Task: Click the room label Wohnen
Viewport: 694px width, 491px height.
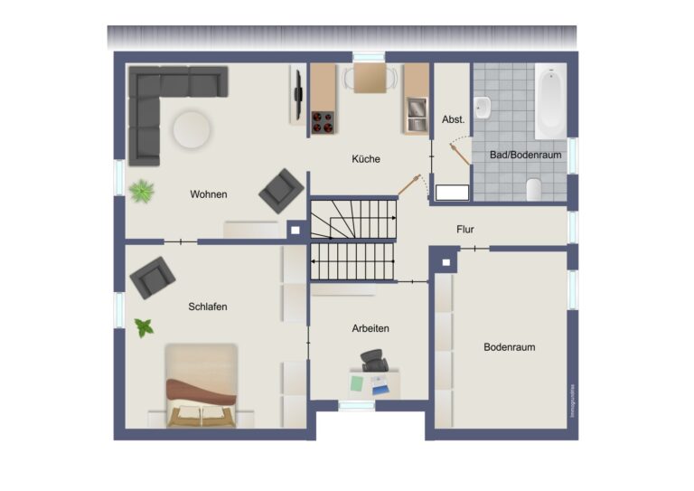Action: [x=208, y=194]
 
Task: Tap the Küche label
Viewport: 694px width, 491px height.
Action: [x=366, y=159]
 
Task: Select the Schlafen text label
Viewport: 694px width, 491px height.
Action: [x=208, y=307]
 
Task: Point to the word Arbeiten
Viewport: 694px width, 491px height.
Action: [x=370, y=328]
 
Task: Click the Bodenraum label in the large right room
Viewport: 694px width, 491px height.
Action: [x=511, y=346]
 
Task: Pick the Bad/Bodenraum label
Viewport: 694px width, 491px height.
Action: [x=526, y=156]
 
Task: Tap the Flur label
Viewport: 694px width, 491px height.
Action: [x=465, y=230]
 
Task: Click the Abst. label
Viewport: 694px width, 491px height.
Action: [x=453, y=119]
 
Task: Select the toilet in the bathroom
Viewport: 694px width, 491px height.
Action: [x=534, y=188]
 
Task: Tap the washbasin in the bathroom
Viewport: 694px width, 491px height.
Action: [x=483, y=108]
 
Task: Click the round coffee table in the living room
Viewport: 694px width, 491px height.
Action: [x=192, y=129]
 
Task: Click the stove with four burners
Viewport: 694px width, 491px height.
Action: [x=323, y=122]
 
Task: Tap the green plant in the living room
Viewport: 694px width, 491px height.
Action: [x=141, y=191]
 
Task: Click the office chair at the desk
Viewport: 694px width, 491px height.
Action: [x=374, y=361]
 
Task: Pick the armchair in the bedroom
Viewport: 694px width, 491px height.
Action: [x=152, y=278]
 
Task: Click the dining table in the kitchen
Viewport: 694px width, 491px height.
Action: [x=369, y=79]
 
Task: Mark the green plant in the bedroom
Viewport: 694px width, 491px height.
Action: [x=144, y=327]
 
